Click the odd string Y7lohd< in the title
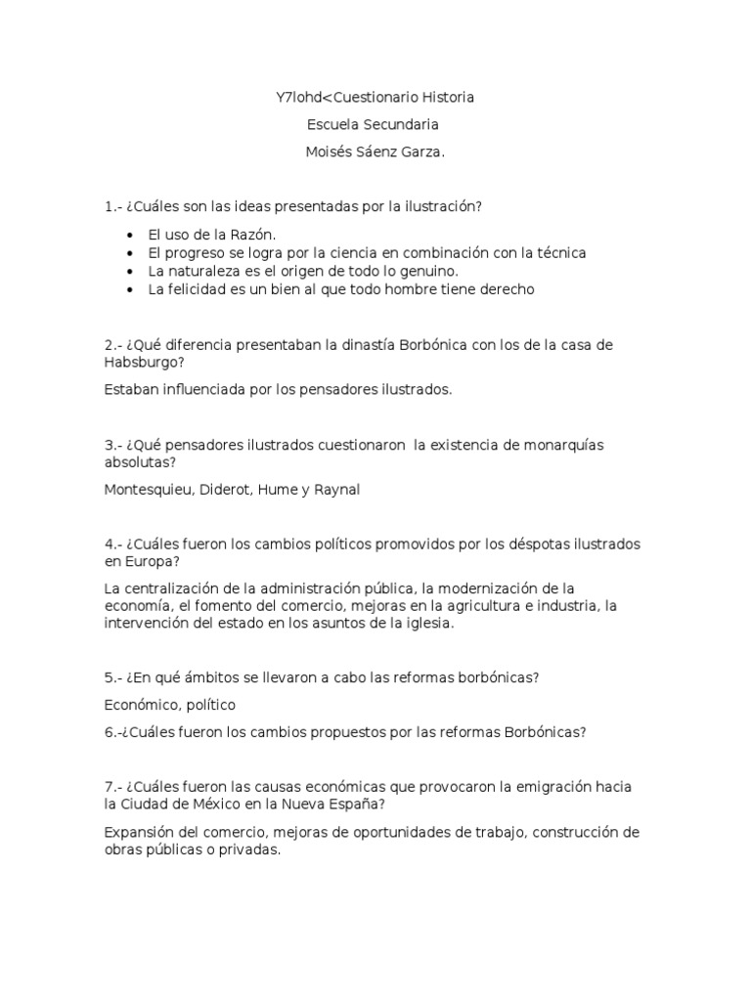coord(299,98)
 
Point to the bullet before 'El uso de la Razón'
coord(131,235)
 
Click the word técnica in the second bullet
coord(558,252)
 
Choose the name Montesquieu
coord(147,490)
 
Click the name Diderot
coord(226,490)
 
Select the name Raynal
coord(336,490)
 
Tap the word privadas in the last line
coord(249,849)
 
